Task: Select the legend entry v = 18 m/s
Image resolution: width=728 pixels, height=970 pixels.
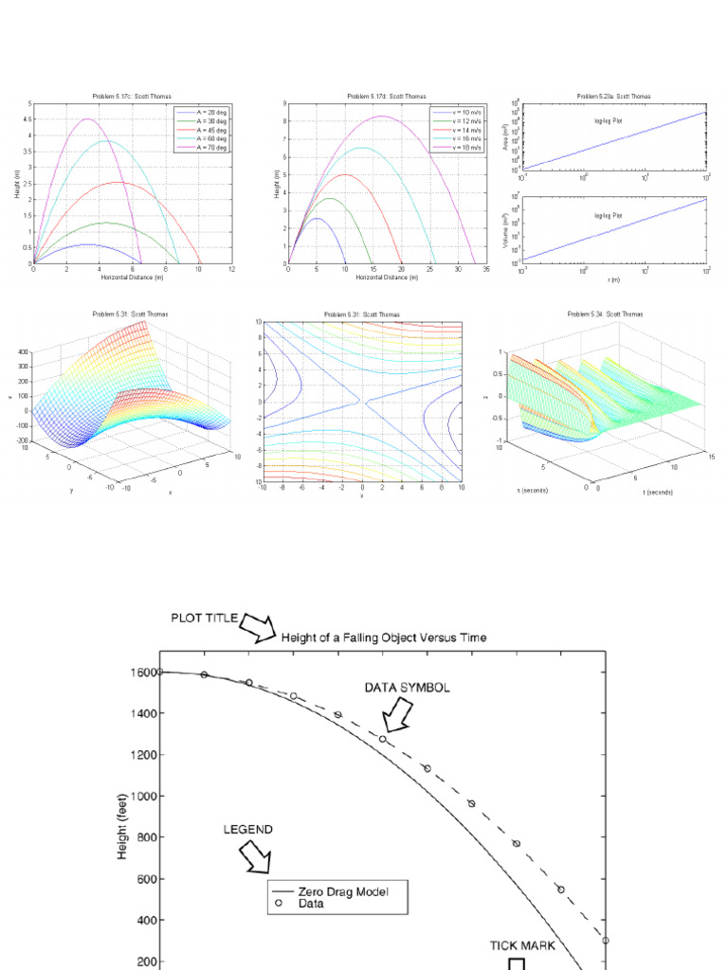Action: [x=457, y=149]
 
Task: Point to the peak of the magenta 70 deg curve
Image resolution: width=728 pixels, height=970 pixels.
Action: [x=87, y=119]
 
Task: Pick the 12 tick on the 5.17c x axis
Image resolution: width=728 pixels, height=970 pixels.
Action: [x=232, y=270]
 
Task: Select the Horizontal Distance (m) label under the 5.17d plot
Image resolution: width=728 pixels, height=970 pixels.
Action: [x=387, y=278]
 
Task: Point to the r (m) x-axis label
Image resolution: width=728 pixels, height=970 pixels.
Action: [x=614, y=279]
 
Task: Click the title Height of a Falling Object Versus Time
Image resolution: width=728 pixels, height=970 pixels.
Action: [x=384, y=638]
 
